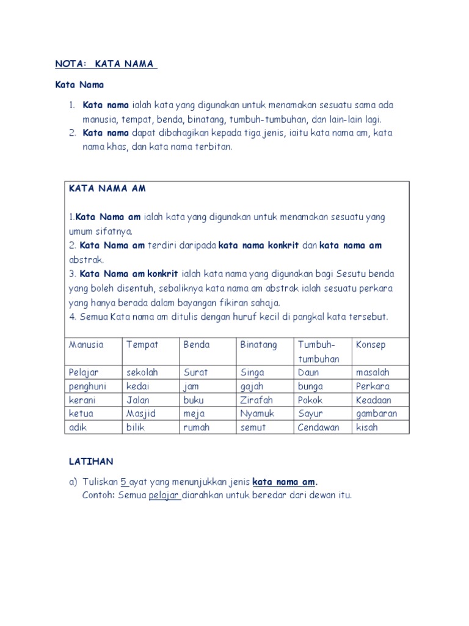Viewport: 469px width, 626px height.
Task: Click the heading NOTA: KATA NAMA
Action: (x=106, y=64)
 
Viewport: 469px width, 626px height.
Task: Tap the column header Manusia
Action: (x=86, y=345)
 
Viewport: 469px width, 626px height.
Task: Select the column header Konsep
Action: (x=371, y=345)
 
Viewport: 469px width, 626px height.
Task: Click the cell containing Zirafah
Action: (x=256, y=400)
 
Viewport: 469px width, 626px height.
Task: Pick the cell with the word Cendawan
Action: (x=318, y=427)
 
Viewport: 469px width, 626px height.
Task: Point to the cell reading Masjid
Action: (x=141, y=414)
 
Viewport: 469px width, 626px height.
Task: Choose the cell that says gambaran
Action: (x=376, y=414)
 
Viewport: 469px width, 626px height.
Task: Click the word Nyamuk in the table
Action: (x=257, y=414)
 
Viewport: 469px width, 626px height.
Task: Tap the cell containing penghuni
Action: (x=87, y=386)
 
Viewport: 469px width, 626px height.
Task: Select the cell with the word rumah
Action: (x=196, y=427)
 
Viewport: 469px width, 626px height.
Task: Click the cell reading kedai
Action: (x=138, y=386)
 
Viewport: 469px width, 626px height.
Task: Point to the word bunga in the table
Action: (x=310, y=386)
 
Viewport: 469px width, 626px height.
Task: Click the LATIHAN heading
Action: (x=91, y=461)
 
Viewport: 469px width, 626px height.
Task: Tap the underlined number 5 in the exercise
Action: (x=123, y=481)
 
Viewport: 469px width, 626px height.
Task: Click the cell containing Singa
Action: (x=252, y=372)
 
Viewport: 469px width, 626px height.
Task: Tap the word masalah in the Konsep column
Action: (x=373, y=372)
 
